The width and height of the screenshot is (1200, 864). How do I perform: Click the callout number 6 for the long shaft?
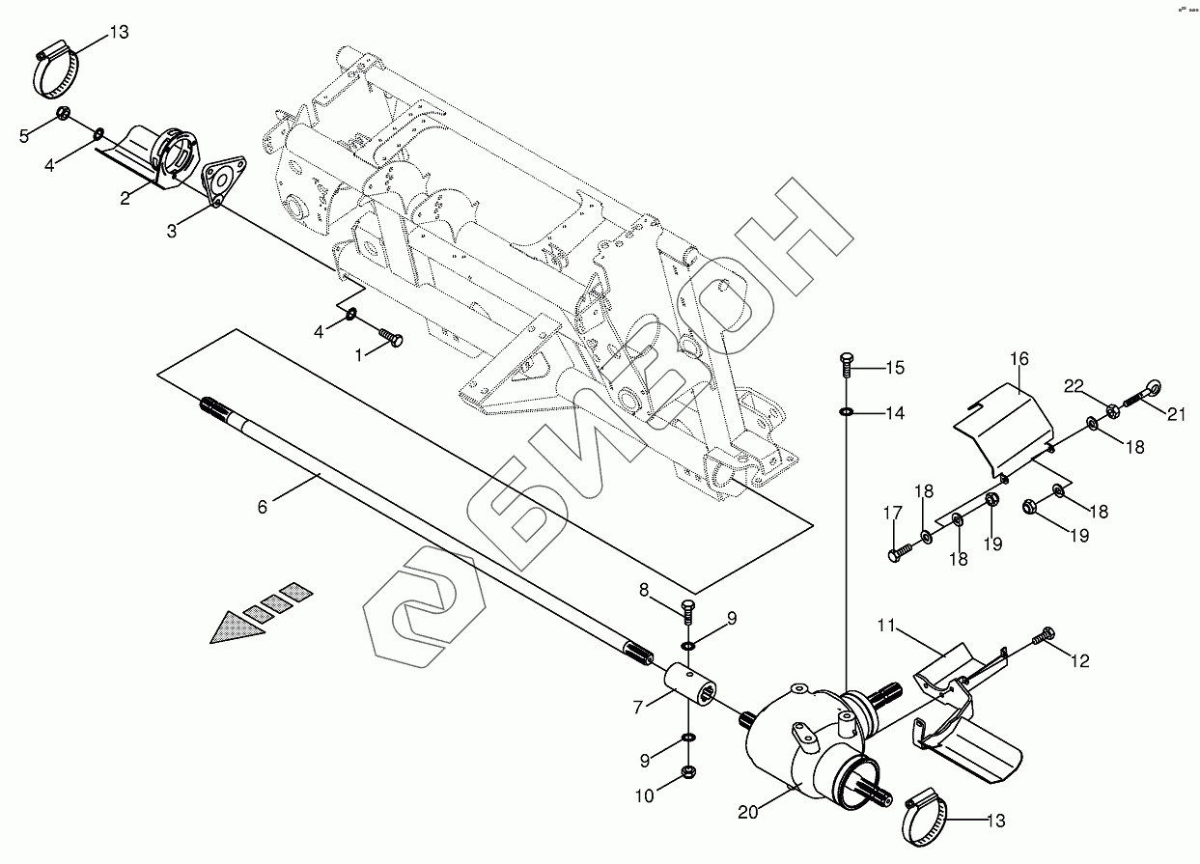coord(263,504)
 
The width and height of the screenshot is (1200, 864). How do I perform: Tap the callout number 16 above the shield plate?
coord(1020,359)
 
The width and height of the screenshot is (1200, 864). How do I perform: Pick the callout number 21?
coord(1176,415)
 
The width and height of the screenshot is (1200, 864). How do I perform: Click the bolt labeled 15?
coord(847,365)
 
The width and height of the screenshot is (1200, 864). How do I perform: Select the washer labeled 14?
coord(846,413)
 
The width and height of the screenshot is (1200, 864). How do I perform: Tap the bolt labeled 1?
coord(392,338)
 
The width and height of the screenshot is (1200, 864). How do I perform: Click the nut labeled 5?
coord(61,114)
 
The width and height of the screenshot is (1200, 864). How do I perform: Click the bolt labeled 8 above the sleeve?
coord(687,610)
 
